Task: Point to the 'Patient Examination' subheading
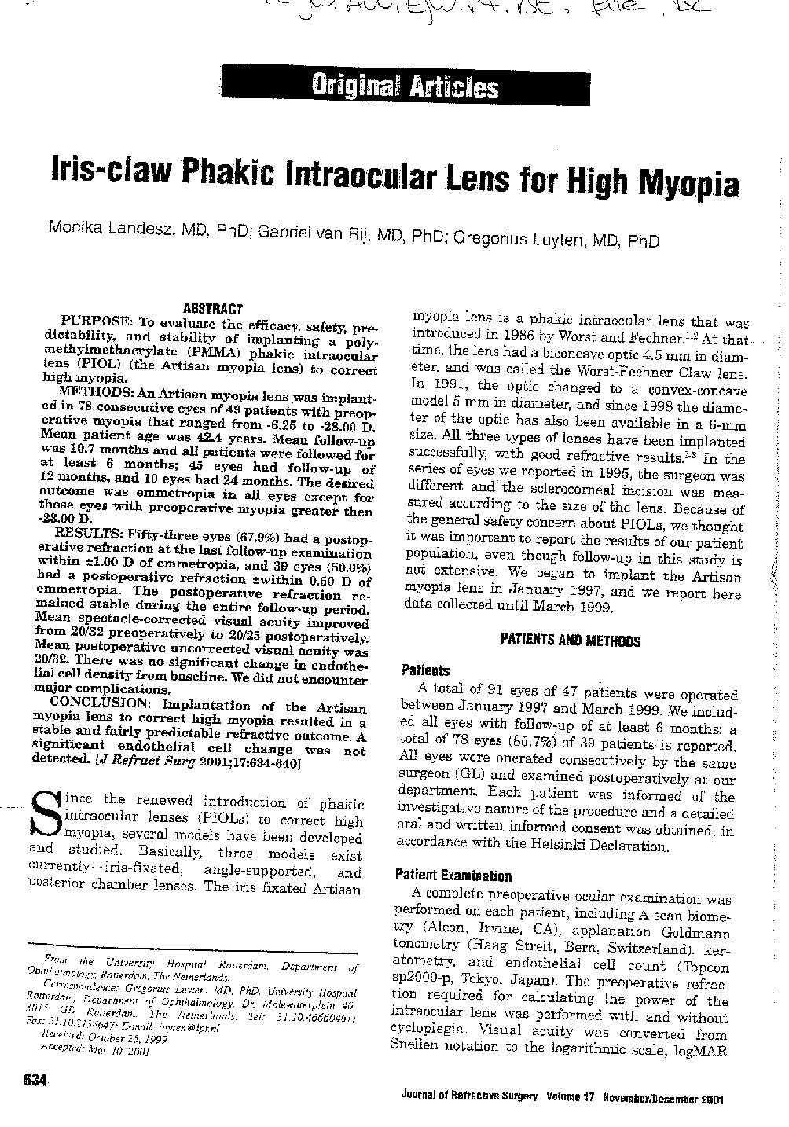tap(453, 876)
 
